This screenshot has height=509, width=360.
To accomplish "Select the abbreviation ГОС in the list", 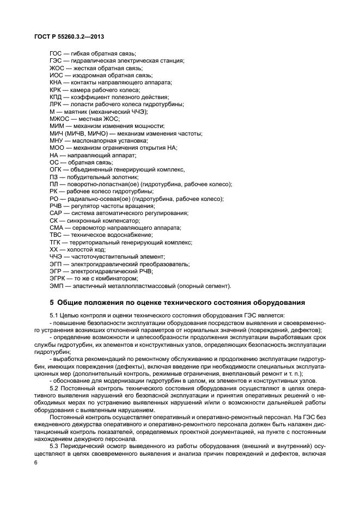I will (x=56, y=53).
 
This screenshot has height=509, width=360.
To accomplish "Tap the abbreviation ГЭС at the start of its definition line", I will (x=56, y=60).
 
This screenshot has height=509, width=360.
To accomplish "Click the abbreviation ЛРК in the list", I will (x=56, y=104).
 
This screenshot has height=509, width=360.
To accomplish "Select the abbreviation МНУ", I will (x=57, y=140).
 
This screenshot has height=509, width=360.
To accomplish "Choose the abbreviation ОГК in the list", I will (x=56, y=169).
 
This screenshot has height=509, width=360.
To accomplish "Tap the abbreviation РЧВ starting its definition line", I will (x=56, y=206).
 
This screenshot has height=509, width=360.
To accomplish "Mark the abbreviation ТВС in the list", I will (x=56, y=235).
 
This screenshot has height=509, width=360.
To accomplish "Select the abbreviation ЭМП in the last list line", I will (x=56, y=286).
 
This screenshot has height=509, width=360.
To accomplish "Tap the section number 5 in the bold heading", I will (x=51, y=303).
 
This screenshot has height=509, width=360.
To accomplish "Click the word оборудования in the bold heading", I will (x=274, y=303).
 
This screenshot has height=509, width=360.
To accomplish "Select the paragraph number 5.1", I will (x=53, y=316).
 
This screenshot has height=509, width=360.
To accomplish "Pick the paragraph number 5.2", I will (x=53, y=388).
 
